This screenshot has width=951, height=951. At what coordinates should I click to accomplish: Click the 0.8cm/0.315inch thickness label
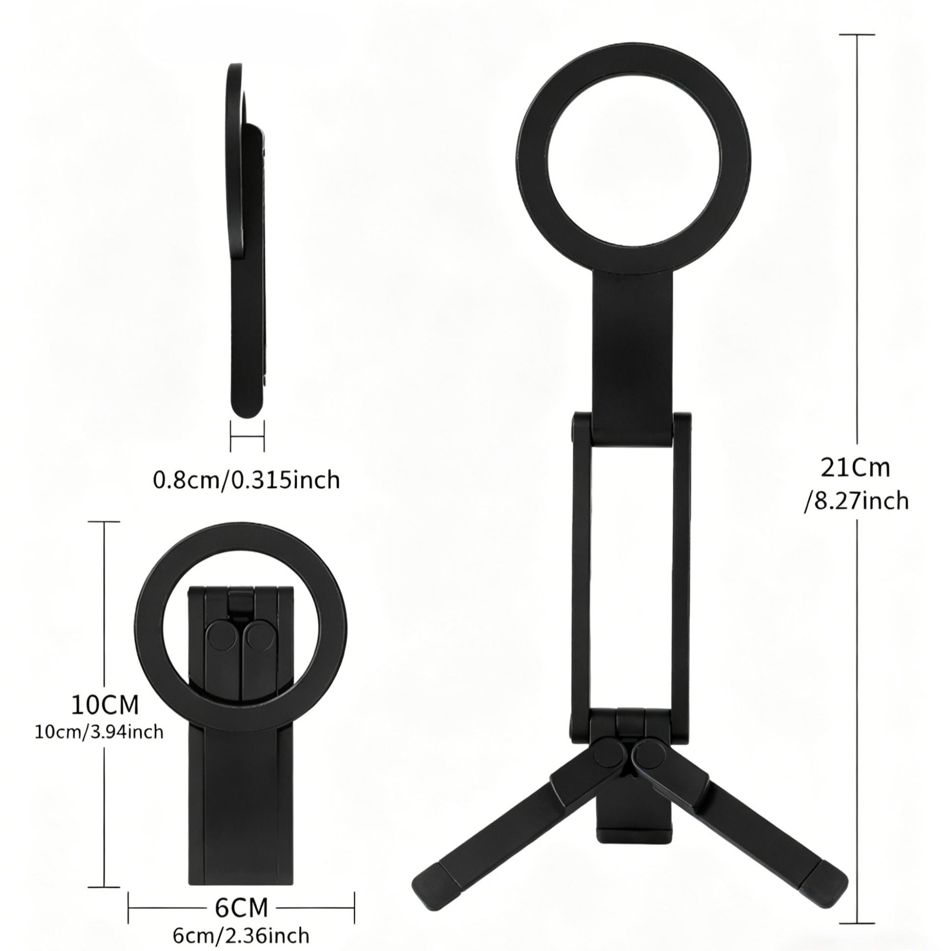point(247,479)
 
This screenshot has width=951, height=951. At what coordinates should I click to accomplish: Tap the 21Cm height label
point(855,468)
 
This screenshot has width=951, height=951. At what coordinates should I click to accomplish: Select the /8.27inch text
point(856,502)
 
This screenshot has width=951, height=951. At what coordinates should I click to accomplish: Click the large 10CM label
point(105,705)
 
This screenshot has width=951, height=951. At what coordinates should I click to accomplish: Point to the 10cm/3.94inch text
point(99,732)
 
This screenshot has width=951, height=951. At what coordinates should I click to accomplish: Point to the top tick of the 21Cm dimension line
point(857,35)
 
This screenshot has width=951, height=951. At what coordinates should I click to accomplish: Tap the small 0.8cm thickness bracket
point(247,436)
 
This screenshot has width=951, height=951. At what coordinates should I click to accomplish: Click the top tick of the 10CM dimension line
point(104,522)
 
